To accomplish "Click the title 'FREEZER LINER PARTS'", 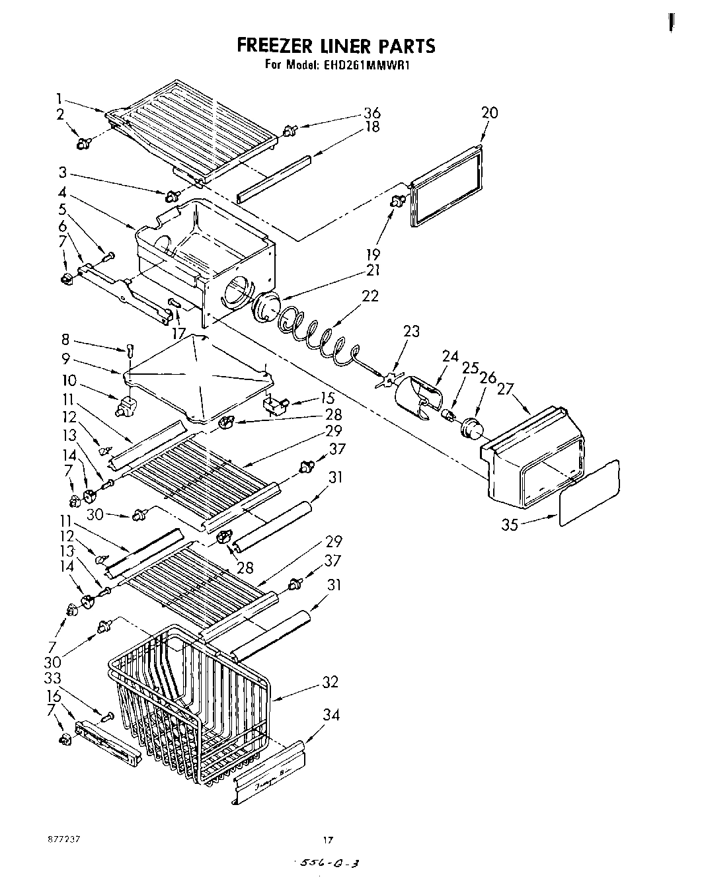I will click(336, 46).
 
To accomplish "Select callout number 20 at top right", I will click(489, 112).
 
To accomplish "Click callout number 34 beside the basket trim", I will click(331, 714).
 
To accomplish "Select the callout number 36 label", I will click(372, 112).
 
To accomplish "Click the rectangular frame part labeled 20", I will click(447, 188).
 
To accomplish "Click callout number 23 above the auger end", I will click(411, 331).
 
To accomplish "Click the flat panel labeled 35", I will click(590, 492).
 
